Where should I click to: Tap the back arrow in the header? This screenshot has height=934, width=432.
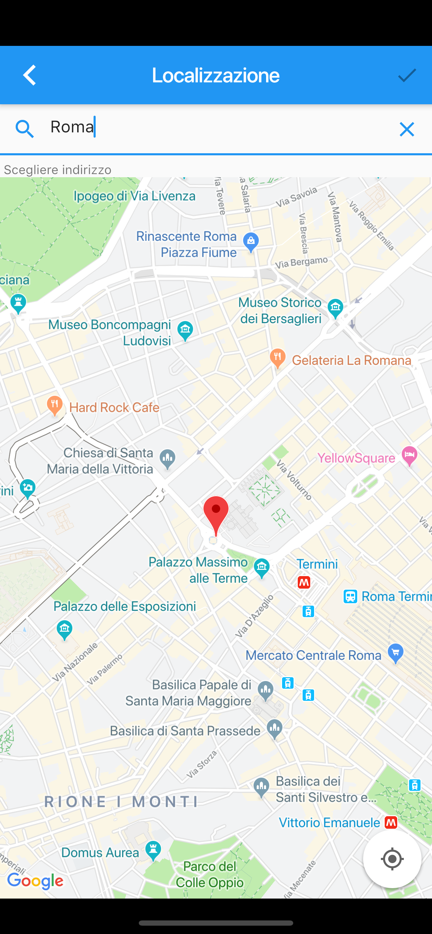(30, 75)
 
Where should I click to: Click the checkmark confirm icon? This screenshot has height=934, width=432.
(407, 75)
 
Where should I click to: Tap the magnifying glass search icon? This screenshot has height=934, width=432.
(24, 129)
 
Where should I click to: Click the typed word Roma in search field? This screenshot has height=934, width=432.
(72, 127)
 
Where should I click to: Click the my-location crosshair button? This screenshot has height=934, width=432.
(392, 859)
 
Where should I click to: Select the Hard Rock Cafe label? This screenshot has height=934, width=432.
(114, 408)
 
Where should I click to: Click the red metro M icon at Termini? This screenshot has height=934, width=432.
(304, 582)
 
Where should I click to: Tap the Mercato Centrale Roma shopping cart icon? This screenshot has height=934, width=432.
(395, 653)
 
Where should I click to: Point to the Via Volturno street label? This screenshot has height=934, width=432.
(294, 480)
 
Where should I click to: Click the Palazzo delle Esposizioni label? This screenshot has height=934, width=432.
(125, 606)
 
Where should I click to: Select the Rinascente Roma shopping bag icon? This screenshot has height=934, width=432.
(251, 241)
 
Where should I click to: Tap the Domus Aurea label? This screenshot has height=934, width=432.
(100, 852)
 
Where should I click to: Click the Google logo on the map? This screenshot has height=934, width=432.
(35, 881)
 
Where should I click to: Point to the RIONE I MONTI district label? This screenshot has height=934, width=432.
(122, 802)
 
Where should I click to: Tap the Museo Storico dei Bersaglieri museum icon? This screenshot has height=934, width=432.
(335, 308)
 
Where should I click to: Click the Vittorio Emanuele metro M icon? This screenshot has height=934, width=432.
(391, 823)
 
